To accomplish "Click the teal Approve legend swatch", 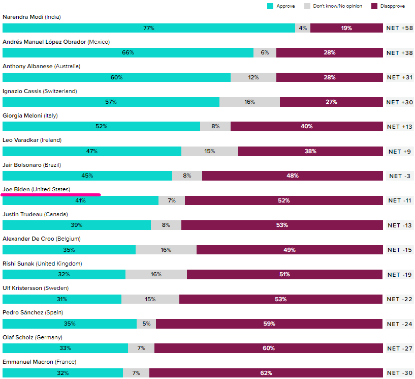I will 270,6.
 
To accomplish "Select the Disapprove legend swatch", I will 374,6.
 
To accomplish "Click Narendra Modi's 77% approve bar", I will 149,28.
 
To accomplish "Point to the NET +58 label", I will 400,28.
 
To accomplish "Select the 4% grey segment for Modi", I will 303,28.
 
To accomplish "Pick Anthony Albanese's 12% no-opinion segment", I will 253,77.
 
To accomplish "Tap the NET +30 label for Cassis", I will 400,102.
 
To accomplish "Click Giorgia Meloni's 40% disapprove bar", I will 306,126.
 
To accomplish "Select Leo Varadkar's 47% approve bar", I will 92,151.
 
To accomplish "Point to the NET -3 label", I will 400,176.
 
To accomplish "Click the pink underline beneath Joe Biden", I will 51,194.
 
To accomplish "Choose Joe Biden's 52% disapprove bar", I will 283,200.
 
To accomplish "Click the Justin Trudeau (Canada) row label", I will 35,214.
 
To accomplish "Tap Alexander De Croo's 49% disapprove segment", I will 290,250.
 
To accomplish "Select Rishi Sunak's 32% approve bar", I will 64,274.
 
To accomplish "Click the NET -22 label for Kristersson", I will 400,299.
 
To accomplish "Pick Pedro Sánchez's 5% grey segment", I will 146,324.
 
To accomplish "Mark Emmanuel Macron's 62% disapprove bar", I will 266,373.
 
